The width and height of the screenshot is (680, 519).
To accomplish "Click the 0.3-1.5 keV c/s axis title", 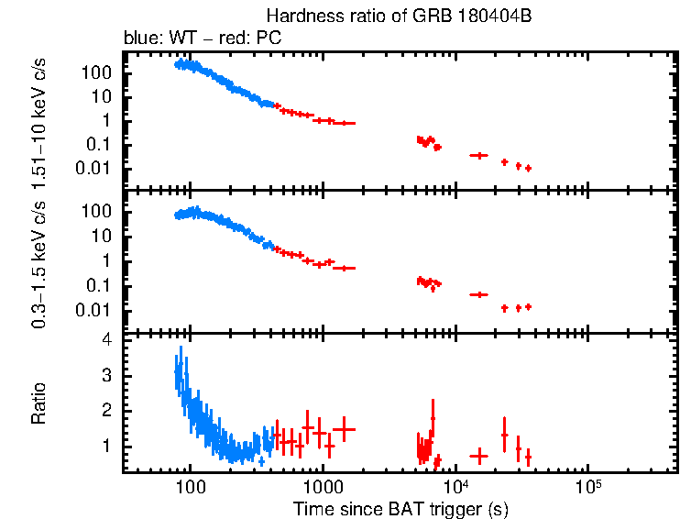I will [40, 259].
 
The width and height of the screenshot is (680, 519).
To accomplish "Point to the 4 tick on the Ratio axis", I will [106, 340].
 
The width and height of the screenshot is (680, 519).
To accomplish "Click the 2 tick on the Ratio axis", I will [106, 411].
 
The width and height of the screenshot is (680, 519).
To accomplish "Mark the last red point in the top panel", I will [528, 168].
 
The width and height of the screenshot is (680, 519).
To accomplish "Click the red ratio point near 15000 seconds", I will [478, 456].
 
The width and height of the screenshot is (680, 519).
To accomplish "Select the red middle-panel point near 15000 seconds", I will [478, 294].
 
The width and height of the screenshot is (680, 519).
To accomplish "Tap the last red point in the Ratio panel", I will [528, 456].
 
